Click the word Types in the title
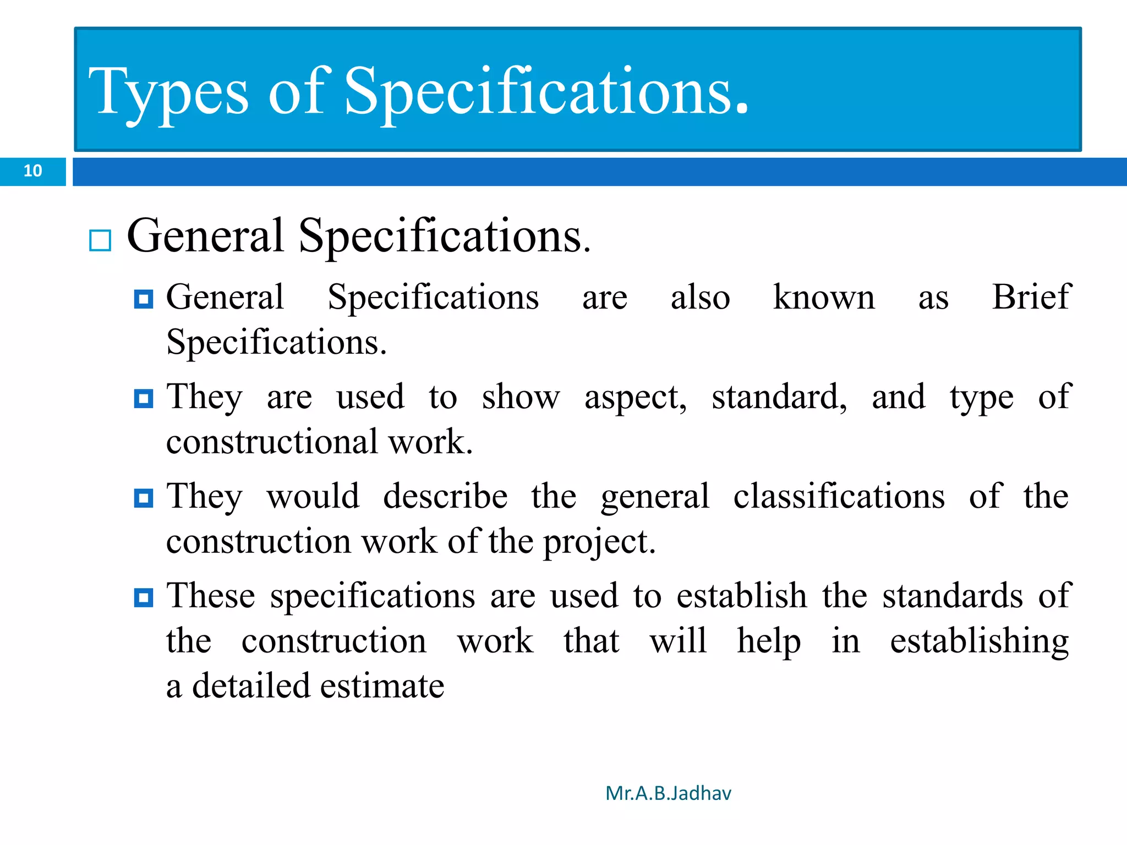(168, 92)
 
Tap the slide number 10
(33, 171)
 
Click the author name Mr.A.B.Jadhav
(668, 793)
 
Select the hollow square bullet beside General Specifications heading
(100, 240)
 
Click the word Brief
(1031, 297)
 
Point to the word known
(824, 297)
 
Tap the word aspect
(635, 397)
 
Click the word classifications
(839, 496)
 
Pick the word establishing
(980, 641)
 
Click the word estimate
(382, 686)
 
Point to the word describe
(445, 496)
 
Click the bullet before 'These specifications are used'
(144, 597)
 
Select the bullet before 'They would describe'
(144, 498)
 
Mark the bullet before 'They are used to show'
(144, 398)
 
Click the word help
(769, 641)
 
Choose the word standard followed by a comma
(779, 397)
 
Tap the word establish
(741, 596)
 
